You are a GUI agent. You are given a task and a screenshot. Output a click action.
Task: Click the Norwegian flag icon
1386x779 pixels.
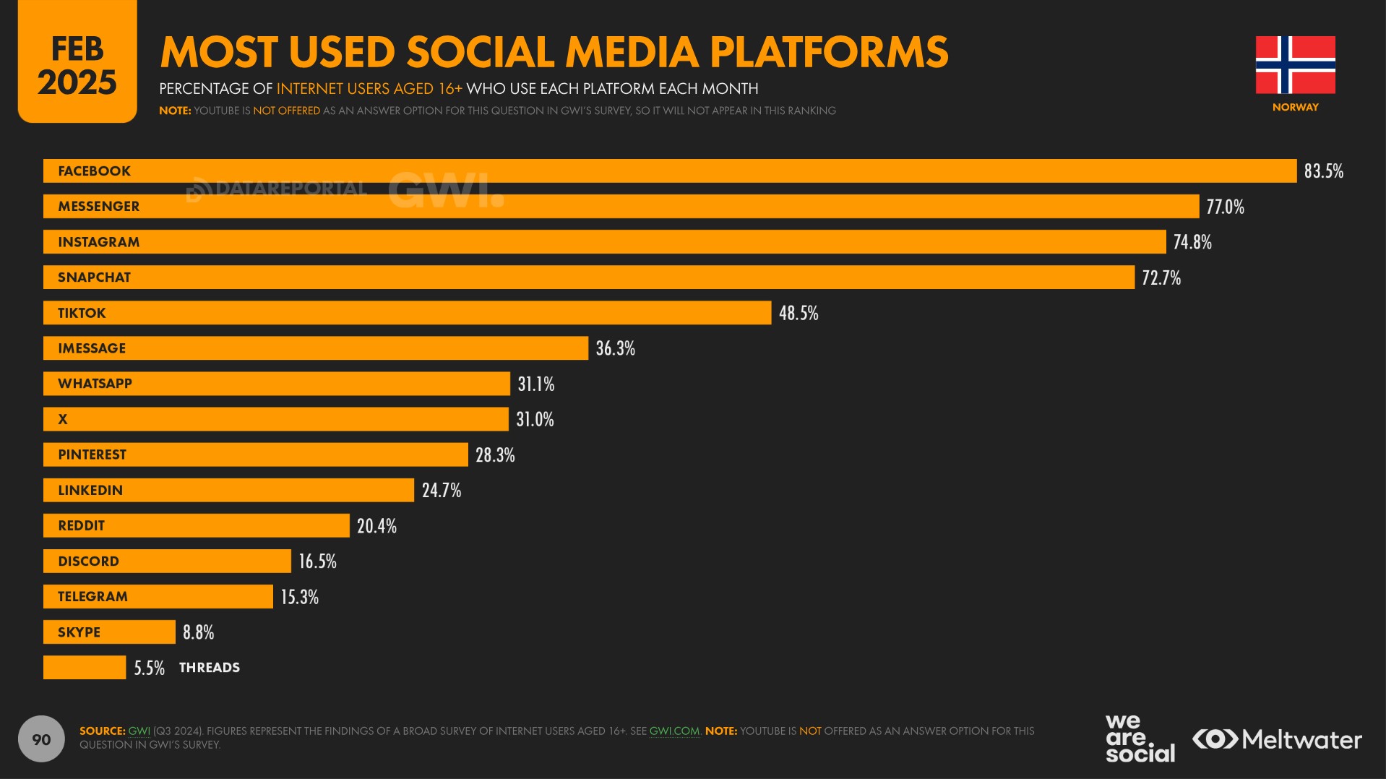(x=1295, y=65)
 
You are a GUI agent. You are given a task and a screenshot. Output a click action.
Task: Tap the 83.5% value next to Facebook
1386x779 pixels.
(x=1323, y=171)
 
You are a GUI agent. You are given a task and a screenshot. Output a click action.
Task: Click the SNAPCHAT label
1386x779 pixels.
(x=94, y=277)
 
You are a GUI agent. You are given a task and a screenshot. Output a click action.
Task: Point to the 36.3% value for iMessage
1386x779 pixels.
(x=615, y=348)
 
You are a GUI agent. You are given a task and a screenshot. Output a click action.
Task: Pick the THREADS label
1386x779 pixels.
(x=210, y=668)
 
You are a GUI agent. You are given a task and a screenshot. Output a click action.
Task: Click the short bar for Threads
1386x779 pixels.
(x=84, y=668)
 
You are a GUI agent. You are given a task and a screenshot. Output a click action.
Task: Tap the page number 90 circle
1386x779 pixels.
(x=41, y=739)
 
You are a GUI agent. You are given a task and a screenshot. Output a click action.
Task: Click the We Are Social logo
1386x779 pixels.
(x=1140, y=739)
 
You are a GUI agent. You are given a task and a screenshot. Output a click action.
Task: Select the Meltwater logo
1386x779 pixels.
(x=1277, y=739)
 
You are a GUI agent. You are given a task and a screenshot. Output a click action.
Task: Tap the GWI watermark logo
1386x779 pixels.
(x=445, y=191)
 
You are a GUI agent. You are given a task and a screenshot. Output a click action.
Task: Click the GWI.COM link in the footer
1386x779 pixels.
(x=674, y=731)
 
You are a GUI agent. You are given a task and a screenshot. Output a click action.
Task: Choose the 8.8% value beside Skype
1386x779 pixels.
(x=198, y=632)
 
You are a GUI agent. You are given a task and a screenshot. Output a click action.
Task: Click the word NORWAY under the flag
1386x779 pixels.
(x=1295, y=107)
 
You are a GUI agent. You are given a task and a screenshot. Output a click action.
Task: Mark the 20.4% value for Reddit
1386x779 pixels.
(x=376, y=526)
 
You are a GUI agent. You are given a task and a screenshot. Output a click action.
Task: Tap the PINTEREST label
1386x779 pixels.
(x=92, y=455)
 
